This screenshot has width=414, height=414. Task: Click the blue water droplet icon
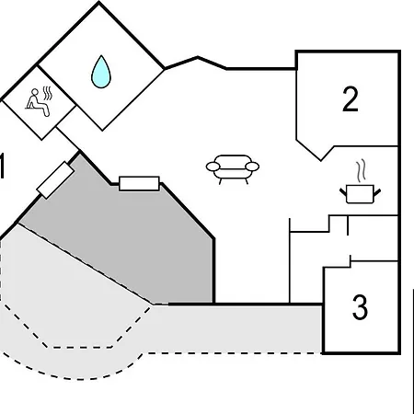(x=101, y=72)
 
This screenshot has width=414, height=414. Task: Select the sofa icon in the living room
(x=233, y=169)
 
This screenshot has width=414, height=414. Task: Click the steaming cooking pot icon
(x=360, y=181)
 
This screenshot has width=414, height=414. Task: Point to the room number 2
(x=350, y=99)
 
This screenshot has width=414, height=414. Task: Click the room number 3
(x=360, y=307)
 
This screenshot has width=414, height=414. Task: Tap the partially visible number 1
(x=2, y=166)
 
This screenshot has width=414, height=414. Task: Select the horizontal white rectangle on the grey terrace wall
(x=139, y=183)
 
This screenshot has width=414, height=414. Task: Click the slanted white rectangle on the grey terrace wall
(x=55, y=180)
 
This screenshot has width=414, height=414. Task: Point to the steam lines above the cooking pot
(x=362, y=170)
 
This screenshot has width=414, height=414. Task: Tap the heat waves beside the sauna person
(x=47, y=93)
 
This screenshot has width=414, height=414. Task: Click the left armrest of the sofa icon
(x=213, y=167)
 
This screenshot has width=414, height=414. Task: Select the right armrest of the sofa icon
(x=252, y=167)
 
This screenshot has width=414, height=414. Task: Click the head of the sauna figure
(x=35, y=92)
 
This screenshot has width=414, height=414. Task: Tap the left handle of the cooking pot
(x=343, y=192)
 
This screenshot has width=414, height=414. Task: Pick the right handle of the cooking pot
(x=377, y=192)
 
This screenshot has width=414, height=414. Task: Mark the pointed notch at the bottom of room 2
(x=321, y=160)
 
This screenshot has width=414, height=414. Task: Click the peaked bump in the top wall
(x=198, y=57)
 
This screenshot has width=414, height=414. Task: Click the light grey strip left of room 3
(x=237, y=328)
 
